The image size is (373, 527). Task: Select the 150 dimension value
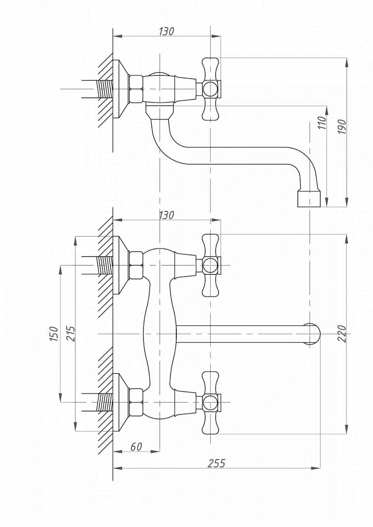click(53, 333)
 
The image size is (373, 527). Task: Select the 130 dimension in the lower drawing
click(166, 215)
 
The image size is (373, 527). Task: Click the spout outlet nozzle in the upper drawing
click(309, 199)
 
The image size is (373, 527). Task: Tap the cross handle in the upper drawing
click(210, 89)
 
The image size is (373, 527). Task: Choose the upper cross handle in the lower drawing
click(210, 265)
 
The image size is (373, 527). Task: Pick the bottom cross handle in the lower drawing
click(210, 403)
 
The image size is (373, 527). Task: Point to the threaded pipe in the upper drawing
click(105, 89)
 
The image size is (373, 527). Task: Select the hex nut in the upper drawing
click(136, 89)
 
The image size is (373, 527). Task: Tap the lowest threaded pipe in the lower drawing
click(105, 403)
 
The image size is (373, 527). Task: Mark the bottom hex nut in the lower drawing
click(136, 403)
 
